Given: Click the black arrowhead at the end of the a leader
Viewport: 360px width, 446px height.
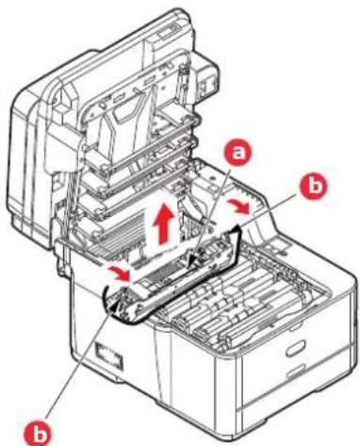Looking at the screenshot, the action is click(x=191, y=262).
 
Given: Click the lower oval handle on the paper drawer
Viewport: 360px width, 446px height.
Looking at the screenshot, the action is click(x=296, y=371).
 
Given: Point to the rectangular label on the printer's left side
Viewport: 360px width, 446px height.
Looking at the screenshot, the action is click(x=107, y=353).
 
